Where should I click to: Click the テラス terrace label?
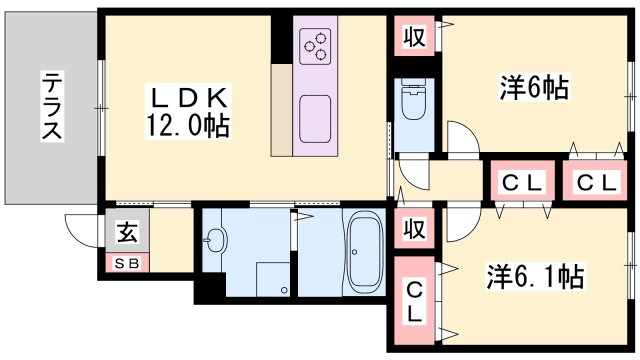[x=52, y=106]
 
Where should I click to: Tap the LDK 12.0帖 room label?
[x=188, y=111]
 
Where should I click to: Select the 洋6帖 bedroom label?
[x=534, y=87]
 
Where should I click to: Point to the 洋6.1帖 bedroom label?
[x=535, y=277]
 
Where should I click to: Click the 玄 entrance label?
[x=127, y=232]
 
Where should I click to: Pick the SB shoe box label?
[x=127, y=263]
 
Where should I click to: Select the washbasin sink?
[x=215, y=240]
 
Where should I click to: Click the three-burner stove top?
[x=315, y=46]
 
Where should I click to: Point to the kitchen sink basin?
[x=315, y=119]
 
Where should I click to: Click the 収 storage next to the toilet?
[x=414, y=36]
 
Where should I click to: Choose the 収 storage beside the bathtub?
[x=414, y=228]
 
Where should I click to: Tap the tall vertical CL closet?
[x=414, y=301]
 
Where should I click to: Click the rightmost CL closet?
[x=595, y=181]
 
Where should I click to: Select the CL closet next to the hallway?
[x=522, y=181]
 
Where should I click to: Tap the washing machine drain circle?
[x=284, y=290]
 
